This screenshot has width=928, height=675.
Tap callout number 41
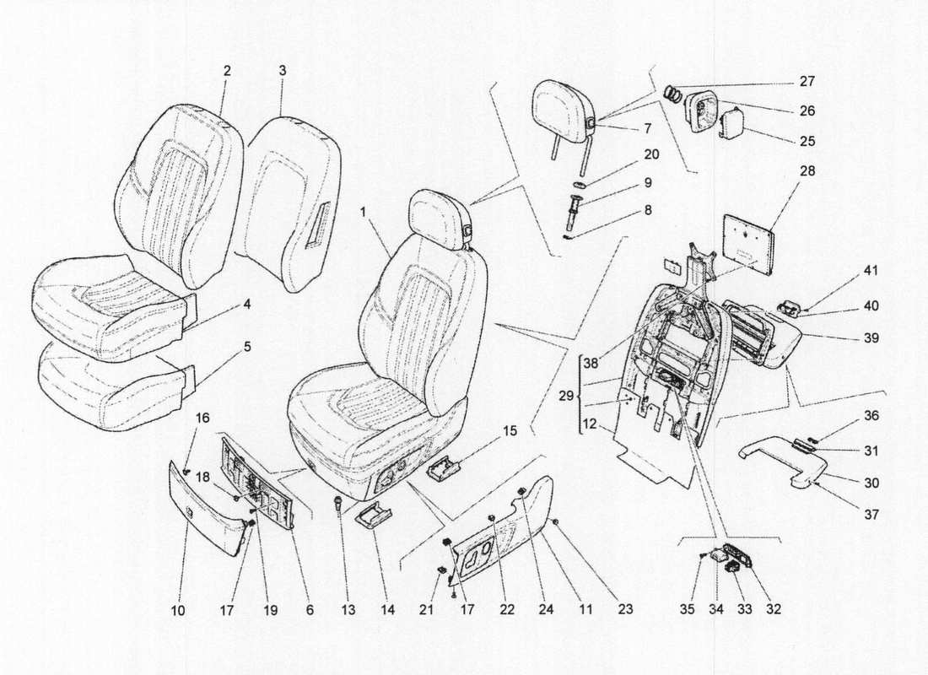870,271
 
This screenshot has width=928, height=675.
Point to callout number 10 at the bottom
180,608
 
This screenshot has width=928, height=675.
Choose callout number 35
687,608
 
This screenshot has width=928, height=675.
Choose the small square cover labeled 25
731,124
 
